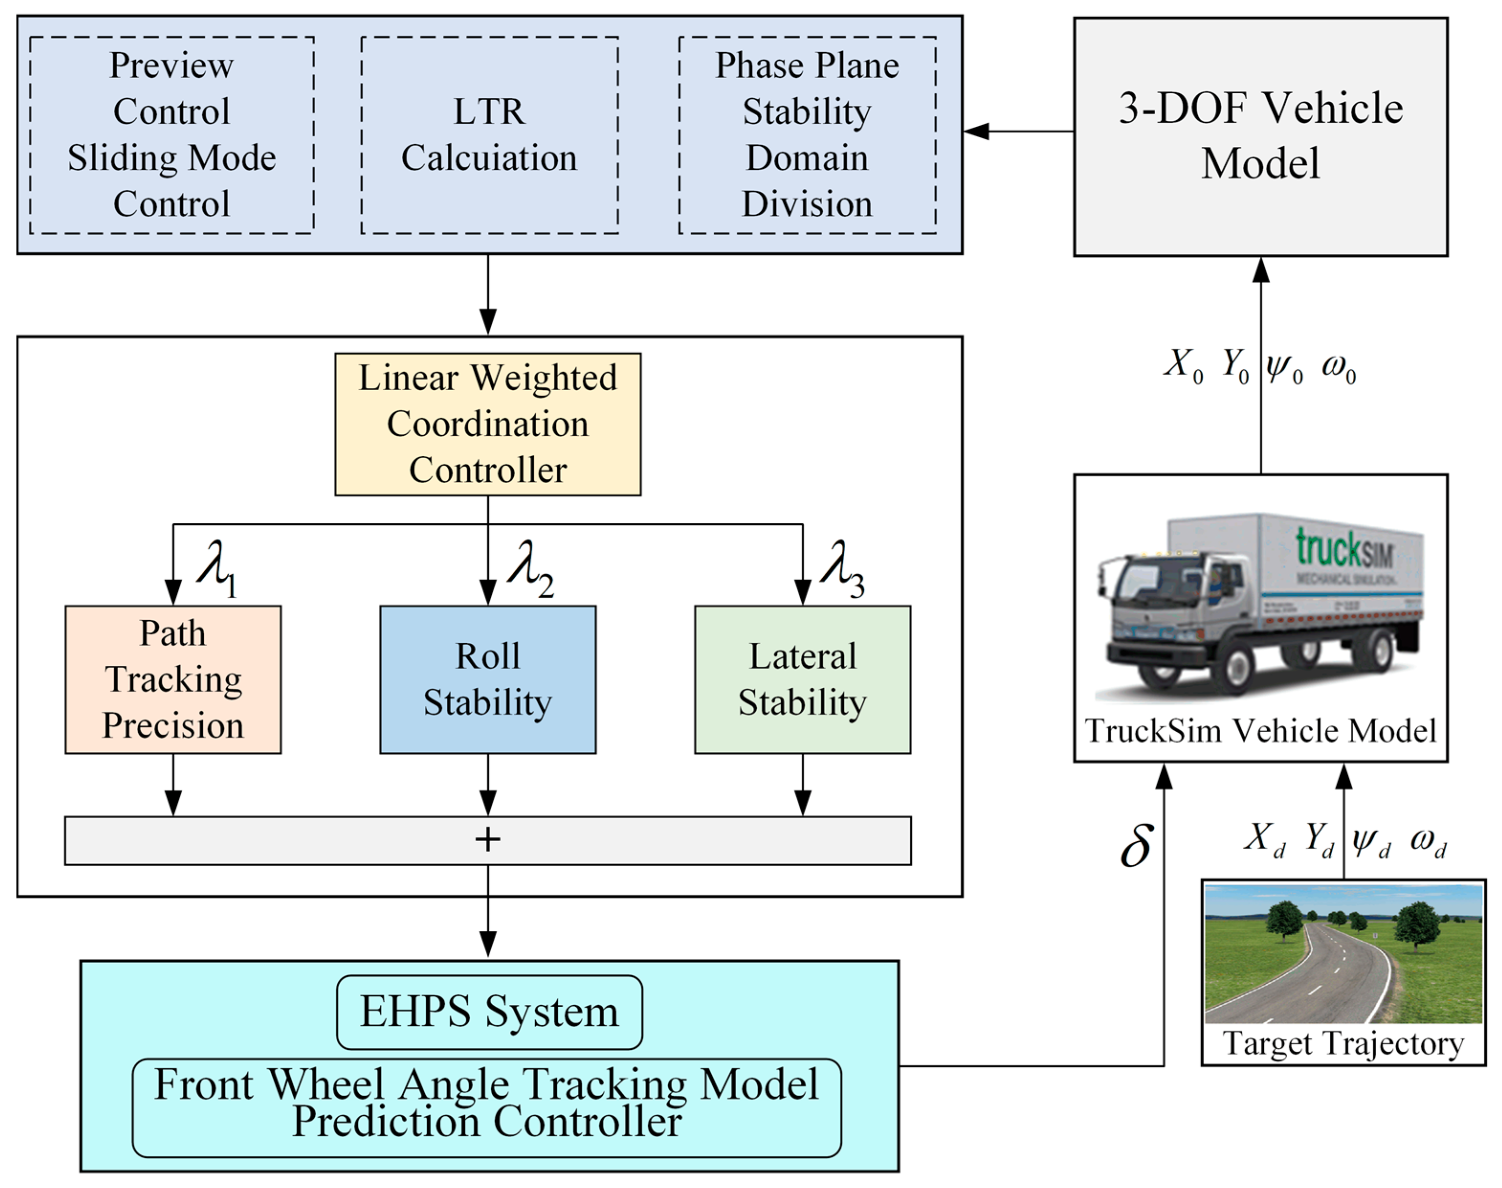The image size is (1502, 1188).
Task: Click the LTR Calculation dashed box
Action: (489, 135)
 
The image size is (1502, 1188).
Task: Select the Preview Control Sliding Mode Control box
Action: (171, 135)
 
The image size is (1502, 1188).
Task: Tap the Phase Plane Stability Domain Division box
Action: (807, 135)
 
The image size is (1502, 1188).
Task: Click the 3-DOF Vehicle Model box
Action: (1260, 136)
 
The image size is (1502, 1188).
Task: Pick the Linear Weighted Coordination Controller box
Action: (488, 424)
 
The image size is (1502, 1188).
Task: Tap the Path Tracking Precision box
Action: (173, 680)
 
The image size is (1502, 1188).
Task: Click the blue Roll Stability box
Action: (488, 680)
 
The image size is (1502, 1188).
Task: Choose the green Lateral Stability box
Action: (802, 680)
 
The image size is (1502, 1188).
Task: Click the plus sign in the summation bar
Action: (488, 839)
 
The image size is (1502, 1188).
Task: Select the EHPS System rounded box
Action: (489, 1012)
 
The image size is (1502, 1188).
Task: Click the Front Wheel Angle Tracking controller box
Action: (486, 1107)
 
